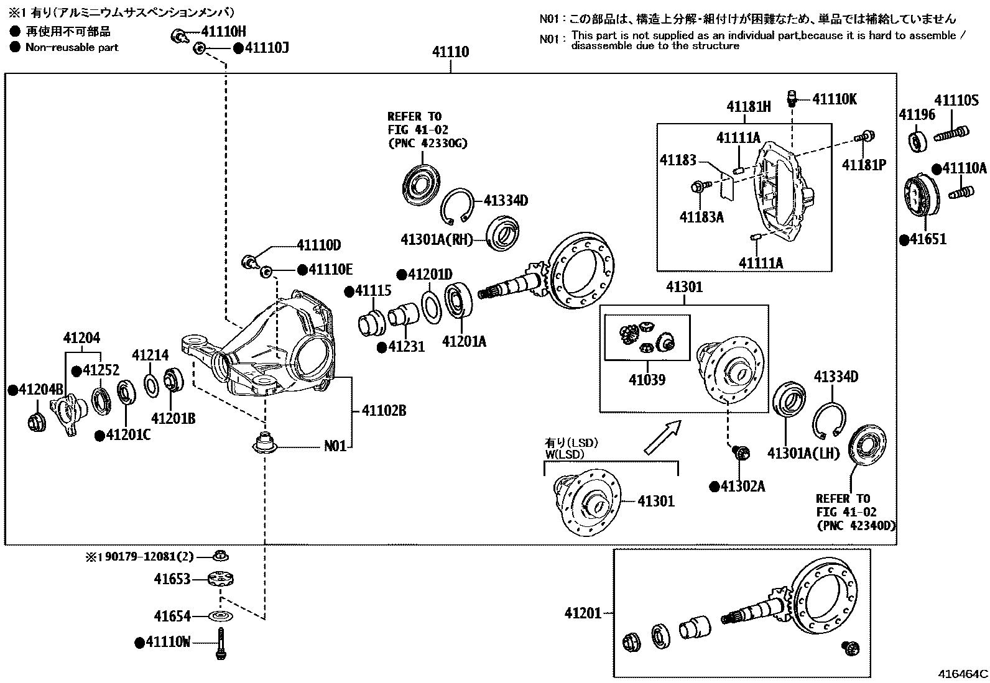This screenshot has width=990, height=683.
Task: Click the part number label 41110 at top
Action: click(x=451, y=53)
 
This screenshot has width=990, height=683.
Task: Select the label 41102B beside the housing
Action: click(x=384, y=411)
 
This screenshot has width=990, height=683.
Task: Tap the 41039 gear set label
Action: click(x=647, y=379)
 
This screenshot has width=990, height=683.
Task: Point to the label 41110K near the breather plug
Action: click(x=835, y=99)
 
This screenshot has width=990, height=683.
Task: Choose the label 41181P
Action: click(x=864, y=165)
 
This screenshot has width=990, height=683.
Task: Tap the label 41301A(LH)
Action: click(x=803, y=453)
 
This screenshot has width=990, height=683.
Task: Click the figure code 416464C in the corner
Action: click(x=963, y=674)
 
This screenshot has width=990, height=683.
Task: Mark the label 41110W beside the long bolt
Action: click(x=168, y=642)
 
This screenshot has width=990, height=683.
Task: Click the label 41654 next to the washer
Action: click(x=172, y=616)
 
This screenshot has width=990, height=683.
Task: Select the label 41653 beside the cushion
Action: click(x=172, y=579)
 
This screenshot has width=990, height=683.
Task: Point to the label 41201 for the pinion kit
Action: click(x=583, y=613)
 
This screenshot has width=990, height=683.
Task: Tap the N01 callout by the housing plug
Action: click(x=335, y=446)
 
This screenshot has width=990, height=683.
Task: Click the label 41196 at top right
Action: click(x=917, y=114)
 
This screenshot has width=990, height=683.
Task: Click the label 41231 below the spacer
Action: click(x=406, y=346)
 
